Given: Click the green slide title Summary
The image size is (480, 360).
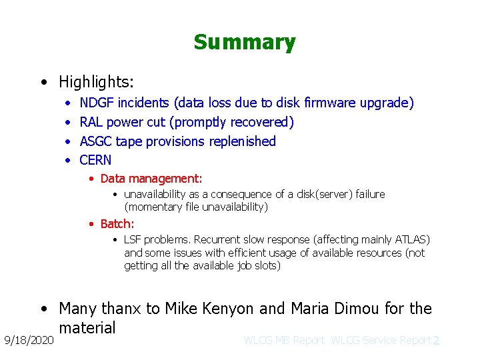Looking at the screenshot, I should click(x=244, y=43).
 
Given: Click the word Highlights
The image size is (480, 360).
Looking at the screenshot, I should click(x=95, y=82).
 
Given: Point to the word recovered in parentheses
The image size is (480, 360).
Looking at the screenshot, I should click(x=259, y=122).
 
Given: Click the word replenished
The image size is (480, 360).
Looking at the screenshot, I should click(x=242, y=141).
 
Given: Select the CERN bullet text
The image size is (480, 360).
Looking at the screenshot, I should click(x=95, y=160).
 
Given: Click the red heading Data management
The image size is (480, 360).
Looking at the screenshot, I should click(x=151, y=179).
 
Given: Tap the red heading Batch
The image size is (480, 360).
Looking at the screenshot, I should click(x=117, y=224).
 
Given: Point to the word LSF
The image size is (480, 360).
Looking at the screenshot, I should click(x=133, y=239).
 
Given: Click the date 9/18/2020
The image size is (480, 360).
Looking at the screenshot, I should click(x=27, y=340).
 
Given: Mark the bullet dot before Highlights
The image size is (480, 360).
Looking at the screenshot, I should click(x=43, y=83).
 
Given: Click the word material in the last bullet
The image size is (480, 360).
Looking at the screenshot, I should click(x=87, y=327).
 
